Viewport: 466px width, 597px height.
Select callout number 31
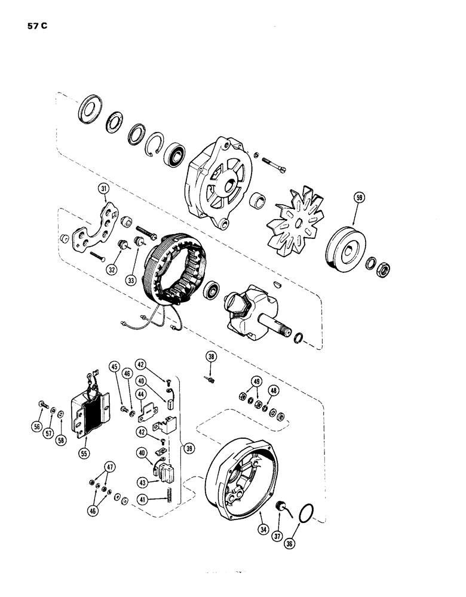point(105,190)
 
